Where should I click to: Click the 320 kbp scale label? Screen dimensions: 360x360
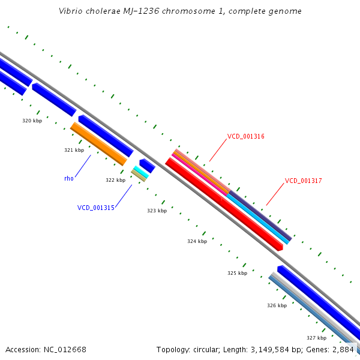click(x=32, y=121)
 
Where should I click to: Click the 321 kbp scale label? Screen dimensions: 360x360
click(x=74, y=150)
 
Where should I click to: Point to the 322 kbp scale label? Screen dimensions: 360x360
click(x=115, y=180)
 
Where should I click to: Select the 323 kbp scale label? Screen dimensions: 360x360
click(x=157, y=211)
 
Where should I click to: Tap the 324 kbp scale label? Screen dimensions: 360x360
click(x=197, y=241)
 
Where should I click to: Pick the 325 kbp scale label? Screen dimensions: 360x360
click(x=237, y=273)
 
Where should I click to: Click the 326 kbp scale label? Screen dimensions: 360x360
click(x=277, y=305)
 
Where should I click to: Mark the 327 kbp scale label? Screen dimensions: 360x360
click(x=316, y=338)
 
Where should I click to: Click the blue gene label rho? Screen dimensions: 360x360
click(x=68, y=178)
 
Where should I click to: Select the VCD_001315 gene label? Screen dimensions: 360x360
click(x=95, y=208)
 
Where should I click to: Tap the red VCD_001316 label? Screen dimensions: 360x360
click(x=245, y=137)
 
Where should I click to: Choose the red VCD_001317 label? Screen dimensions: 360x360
click(x=303, y=181)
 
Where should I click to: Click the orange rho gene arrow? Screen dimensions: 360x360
click(x=99, y=144)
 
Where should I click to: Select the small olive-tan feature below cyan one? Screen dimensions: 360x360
click(x=139, y=175)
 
